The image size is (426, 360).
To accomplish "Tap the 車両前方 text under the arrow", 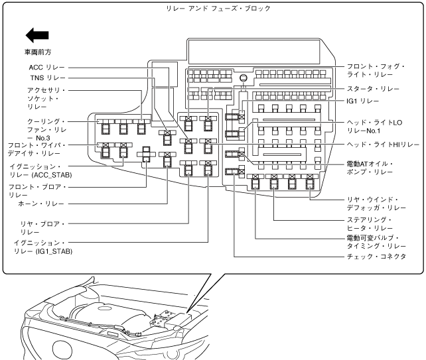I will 36,50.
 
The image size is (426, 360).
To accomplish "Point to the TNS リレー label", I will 46,78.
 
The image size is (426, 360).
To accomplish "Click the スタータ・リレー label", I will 375,88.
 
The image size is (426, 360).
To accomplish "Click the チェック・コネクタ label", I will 376,256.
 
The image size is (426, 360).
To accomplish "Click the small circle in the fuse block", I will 244,78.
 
